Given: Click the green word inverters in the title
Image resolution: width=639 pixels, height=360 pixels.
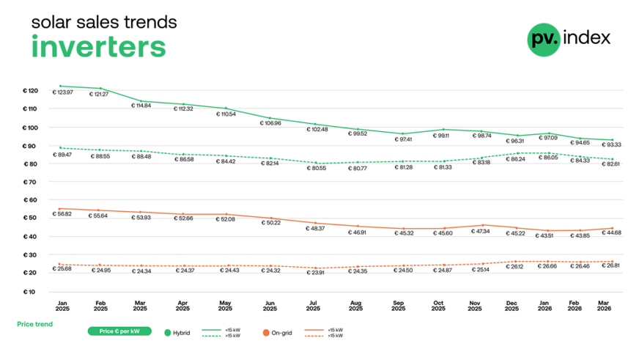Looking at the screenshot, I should (98, 46).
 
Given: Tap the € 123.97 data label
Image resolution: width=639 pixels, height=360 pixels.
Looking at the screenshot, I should (63, 92).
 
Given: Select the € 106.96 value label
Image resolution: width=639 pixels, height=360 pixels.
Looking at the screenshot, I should (271, 123).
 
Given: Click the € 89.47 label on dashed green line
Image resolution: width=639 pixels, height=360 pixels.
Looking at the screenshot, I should (63, 155).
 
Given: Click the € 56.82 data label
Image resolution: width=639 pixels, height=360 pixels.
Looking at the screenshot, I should (63, 215).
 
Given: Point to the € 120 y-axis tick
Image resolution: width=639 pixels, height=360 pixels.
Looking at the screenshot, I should (29, 91).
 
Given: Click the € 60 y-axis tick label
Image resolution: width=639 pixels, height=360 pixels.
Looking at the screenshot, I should (31, 200).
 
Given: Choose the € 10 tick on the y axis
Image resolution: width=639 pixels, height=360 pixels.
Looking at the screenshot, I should (31, 291).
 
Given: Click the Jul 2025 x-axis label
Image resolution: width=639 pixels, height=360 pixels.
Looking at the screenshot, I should (313, 305).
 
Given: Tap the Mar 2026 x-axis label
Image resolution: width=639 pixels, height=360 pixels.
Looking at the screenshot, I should (604, 305).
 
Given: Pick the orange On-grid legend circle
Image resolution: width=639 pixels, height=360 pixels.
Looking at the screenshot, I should (266, 332).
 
